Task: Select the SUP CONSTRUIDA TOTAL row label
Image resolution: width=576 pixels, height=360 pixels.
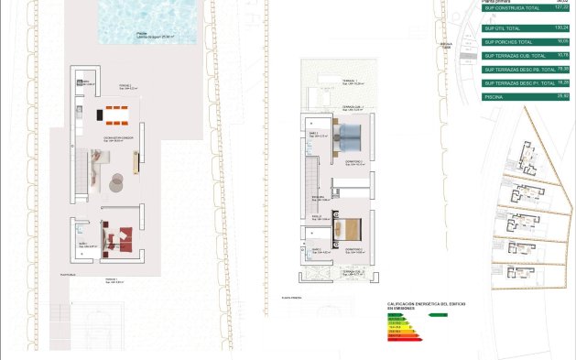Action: pos(506,8)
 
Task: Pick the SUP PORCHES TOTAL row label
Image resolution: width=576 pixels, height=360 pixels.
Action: pos(505,42)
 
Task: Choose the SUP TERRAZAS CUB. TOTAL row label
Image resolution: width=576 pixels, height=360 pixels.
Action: pos(511,56)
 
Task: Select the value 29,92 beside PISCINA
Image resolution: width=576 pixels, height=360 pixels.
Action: pos(562,95)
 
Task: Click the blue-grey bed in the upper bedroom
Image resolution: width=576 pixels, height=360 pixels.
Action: pos(349,140)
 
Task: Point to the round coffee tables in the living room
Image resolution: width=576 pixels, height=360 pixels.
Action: pos(117,182)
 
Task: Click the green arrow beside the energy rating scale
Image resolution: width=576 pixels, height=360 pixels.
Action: pos(439,314)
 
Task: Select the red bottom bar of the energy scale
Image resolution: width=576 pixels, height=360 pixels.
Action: pos(396,341)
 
